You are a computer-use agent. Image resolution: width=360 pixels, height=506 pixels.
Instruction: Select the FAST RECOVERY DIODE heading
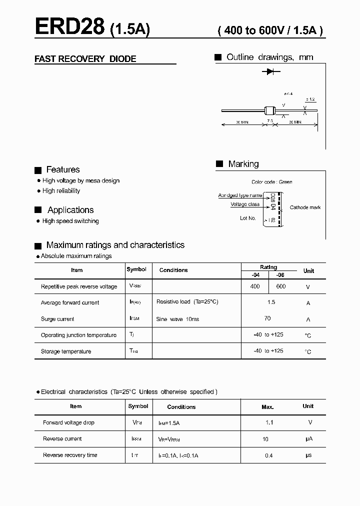click(x=85, y=59)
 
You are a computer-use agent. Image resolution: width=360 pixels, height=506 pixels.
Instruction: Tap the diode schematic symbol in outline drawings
click(x=270, y=72)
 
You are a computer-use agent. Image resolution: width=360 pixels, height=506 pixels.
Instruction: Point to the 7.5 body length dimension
click(x=269, y=121)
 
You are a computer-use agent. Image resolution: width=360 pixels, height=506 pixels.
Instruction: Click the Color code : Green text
click(x=271, y=182)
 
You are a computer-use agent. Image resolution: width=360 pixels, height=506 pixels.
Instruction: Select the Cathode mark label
click(x=305, y=207)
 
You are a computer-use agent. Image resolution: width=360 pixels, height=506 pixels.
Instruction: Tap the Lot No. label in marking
click(x=247, y=218)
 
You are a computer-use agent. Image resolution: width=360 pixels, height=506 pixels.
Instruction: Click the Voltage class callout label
click(x=245, y=204)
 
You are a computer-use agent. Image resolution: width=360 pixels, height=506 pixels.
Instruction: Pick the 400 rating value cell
click(x=255, y=286)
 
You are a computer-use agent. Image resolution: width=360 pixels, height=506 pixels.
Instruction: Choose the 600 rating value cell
click(x=281, y=286)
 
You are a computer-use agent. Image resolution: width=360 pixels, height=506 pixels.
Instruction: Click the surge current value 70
click(x=267, y=318)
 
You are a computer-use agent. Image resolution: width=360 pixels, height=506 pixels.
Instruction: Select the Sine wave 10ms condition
click(x=177, y=319)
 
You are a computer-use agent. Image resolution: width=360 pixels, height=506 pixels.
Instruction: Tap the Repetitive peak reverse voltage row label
click(x=79, y=286)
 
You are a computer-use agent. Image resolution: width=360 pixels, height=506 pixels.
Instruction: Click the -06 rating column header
click(x=280, y=275)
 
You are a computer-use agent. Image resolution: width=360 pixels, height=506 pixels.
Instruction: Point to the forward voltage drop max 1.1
click(x=269, y=422)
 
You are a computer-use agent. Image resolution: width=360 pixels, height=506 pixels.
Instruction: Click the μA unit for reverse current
click(x=308, y=439)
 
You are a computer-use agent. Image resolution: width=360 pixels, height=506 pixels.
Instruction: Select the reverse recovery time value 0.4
click(x=269, y=455)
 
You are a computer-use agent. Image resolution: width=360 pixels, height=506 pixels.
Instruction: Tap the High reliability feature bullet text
click(x=61, y=191)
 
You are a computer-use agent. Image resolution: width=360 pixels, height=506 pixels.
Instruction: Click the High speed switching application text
click(x=70, y=221)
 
